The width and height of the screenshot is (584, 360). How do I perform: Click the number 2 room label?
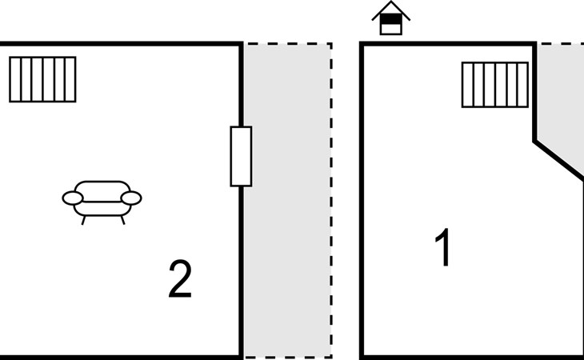pyautogui.click(x=180, y=278)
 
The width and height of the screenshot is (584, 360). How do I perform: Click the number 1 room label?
pyautogui.click(x=443, y=247)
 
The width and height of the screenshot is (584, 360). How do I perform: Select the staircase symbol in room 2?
pyautogui.click(x=42, y=79)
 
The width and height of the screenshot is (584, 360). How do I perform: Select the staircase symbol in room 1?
pyautogui.click(x=495, y=85)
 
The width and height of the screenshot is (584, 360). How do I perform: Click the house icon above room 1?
pyautogui.click(x=390, y=18)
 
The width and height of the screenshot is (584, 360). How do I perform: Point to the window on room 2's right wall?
pyautogui.click(x=241, y=156)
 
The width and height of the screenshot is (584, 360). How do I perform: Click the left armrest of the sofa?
pyautogui.click(x=72, y=198)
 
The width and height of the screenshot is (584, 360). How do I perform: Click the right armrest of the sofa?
pyautogui.click(x=131, y=198)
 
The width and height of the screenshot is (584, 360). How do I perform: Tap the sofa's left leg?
pyautogui.click(x=83, y=220)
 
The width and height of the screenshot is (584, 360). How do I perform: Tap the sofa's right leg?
pyautogui.click(x=122, y=220)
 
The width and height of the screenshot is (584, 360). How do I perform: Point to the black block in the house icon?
pyautogui.click(x=390, y=19)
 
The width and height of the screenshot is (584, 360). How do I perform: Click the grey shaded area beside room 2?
pyautogui.click(x=287, y=201)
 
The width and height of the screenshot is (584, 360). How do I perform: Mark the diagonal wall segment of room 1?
pyautogui.click(x=558, y=160)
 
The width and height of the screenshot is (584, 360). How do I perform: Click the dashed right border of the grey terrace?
pyautogui.click(x=331, y=200)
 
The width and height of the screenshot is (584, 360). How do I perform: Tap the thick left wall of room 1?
pyautogui.click(x=362, y=201)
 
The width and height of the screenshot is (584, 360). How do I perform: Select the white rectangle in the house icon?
pyautogui.click(x=390, y=29)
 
